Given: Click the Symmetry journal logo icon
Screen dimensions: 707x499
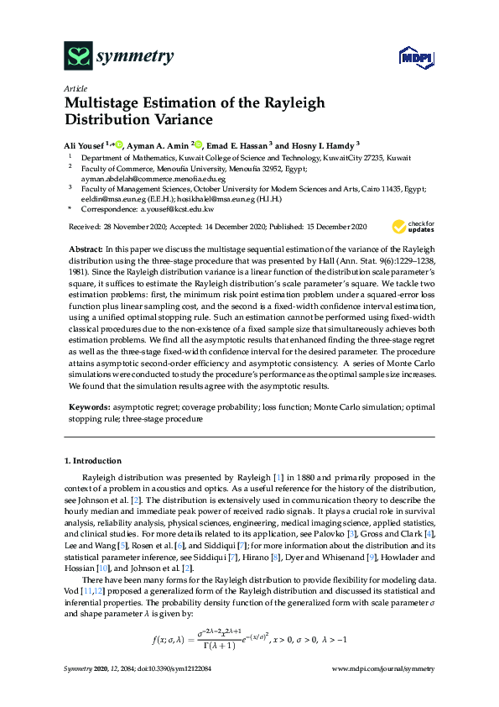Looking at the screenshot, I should [x=78, y=57].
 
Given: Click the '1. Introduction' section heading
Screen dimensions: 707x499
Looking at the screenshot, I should [x=93, y=461].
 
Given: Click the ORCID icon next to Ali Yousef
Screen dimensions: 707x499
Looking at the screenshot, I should [x=119, y=144].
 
